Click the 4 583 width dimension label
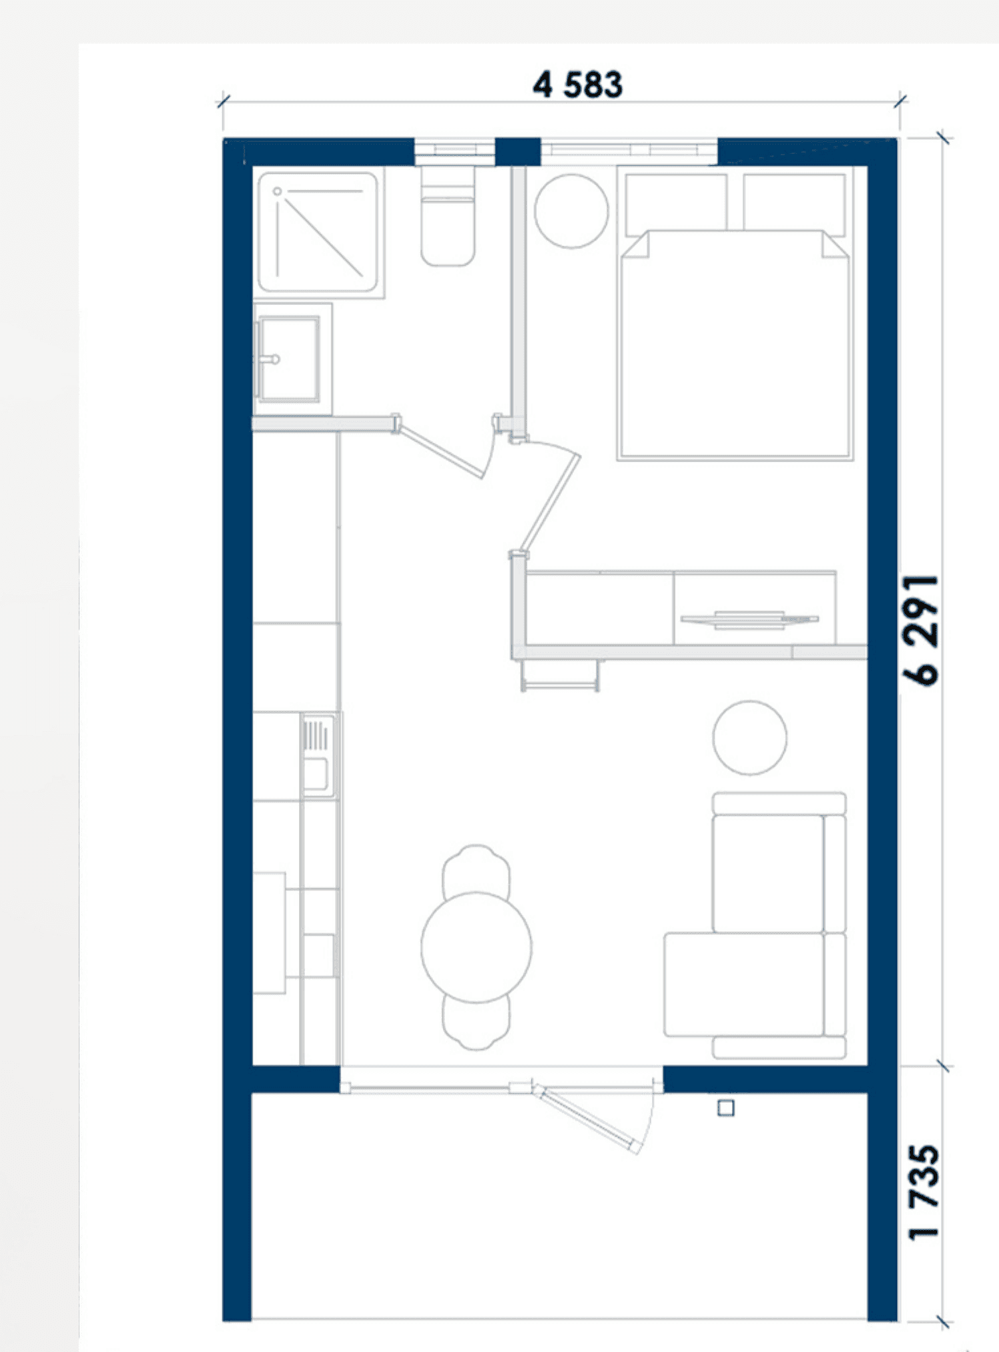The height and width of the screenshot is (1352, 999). point(577,85)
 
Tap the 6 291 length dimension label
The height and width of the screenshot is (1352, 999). point(920,630)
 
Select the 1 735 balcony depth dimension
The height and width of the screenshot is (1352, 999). point(924,1192)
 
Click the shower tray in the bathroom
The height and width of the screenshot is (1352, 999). point(318,232)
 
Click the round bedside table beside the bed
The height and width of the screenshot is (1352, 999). point(571,211)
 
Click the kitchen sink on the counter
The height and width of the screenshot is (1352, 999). point(318,755)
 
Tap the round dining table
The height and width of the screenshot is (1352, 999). point(476,946)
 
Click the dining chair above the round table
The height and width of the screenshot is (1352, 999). point(476,869)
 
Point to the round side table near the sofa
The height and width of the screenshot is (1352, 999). point(749,738)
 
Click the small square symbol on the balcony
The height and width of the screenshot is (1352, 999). point(726,1108)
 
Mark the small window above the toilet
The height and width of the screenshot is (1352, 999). point(455,152)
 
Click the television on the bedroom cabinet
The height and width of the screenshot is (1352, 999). point(749,619)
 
